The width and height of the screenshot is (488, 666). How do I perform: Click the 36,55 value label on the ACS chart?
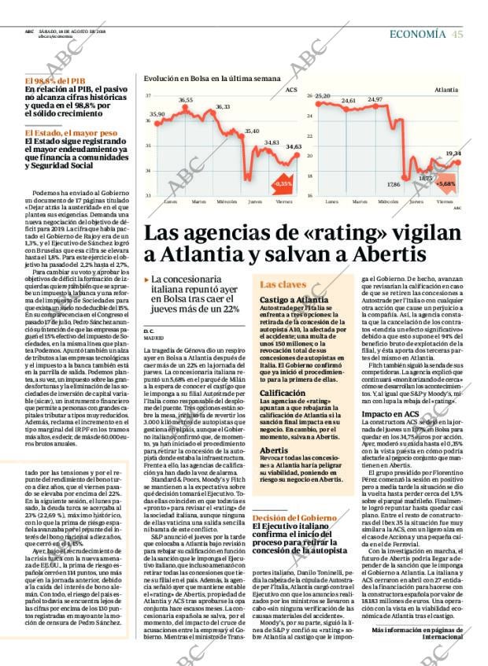pos(186,100)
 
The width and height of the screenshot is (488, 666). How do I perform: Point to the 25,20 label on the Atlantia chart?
pos(322,95)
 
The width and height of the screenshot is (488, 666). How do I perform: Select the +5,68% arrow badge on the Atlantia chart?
pos(445,183)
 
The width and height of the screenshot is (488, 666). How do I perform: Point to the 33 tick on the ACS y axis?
pos(148,194)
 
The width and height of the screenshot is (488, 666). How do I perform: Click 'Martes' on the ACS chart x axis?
pos(199,201)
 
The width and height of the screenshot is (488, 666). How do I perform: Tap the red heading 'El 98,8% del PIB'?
pos(56,81)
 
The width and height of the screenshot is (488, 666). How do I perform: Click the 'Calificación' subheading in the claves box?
pos(283,392)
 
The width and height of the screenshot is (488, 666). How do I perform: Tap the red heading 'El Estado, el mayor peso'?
pos(71,133)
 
